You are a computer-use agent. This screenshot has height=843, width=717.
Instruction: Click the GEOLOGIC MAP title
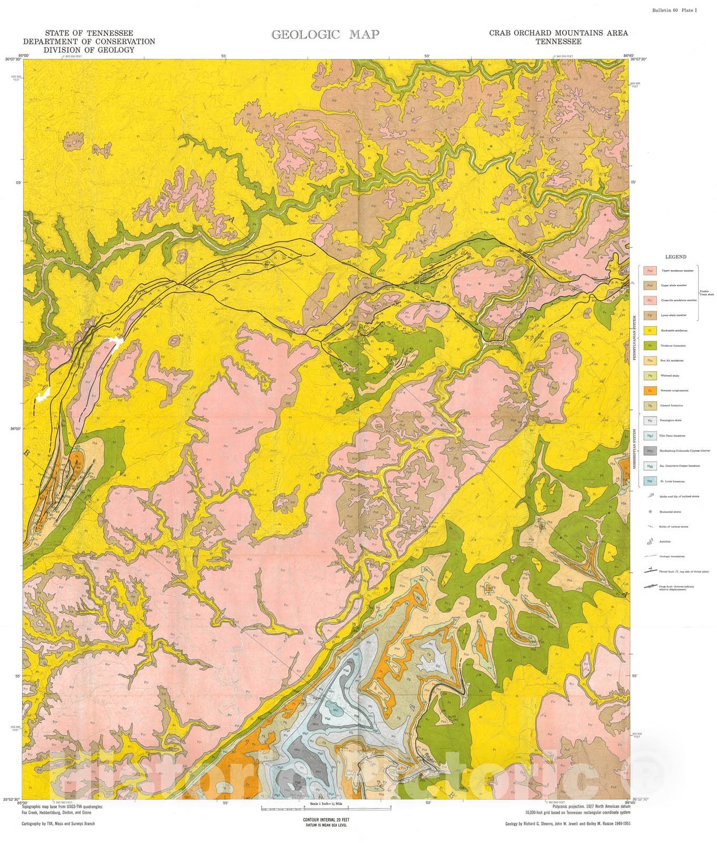coord(325,35)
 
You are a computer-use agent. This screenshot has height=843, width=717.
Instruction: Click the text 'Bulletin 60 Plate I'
coord(674,11)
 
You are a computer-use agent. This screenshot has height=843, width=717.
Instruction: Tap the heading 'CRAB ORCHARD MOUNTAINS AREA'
coord(558,33)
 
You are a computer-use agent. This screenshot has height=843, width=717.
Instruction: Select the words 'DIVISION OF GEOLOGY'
coord(89,50)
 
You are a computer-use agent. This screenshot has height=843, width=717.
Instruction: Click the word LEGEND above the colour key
coord(675,257)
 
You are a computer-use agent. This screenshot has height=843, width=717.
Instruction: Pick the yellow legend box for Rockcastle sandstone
coord(650,331)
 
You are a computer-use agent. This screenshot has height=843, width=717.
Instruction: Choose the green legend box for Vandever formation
coord(650,346)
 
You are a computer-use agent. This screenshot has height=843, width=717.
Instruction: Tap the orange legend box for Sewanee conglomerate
coord(650,390)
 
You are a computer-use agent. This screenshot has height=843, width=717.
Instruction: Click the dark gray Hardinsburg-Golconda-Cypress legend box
coord(650,451)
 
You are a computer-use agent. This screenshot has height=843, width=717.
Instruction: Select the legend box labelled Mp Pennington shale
coord(650,420)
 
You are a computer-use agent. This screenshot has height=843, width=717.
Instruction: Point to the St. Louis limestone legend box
coord(650,481)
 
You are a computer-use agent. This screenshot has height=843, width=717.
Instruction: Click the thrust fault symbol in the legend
coord(651,571)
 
